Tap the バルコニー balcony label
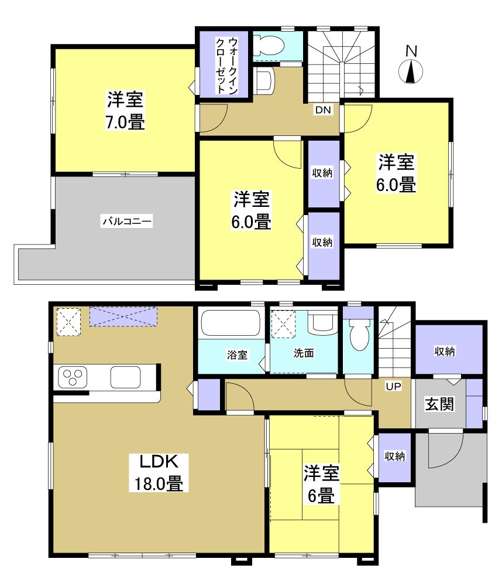(127, 222)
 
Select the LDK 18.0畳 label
(156, 473)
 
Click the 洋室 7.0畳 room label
(125, 111)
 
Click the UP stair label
(393, 387)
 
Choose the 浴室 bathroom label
(237, 355)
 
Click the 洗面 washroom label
(304, 354)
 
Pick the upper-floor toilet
(271, 46)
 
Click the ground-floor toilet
(358, 336)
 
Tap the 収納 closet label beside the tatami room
(394, 456)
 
